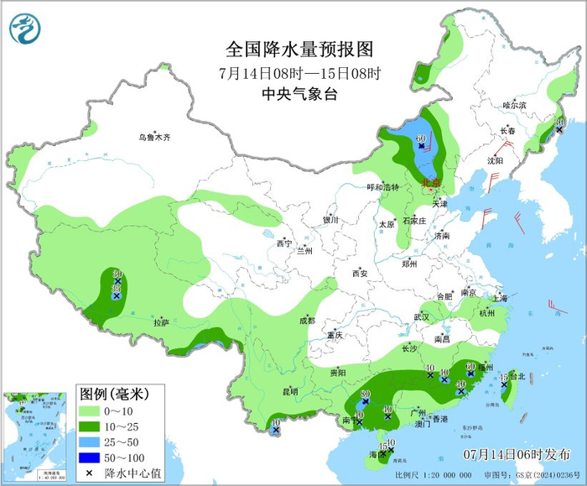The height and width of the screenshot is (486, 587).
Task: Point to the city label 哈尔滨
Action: [514, 105]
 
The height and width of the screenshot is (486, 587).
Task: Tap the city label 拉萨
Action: [161, 322]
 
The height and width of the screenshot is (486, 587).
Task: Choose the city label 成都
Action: [307, 320]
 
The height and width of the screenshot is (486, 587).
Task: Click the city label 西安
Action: [360, 273]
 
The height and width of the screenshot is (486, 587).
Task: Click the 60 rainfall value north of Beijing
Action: [420, 138]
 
